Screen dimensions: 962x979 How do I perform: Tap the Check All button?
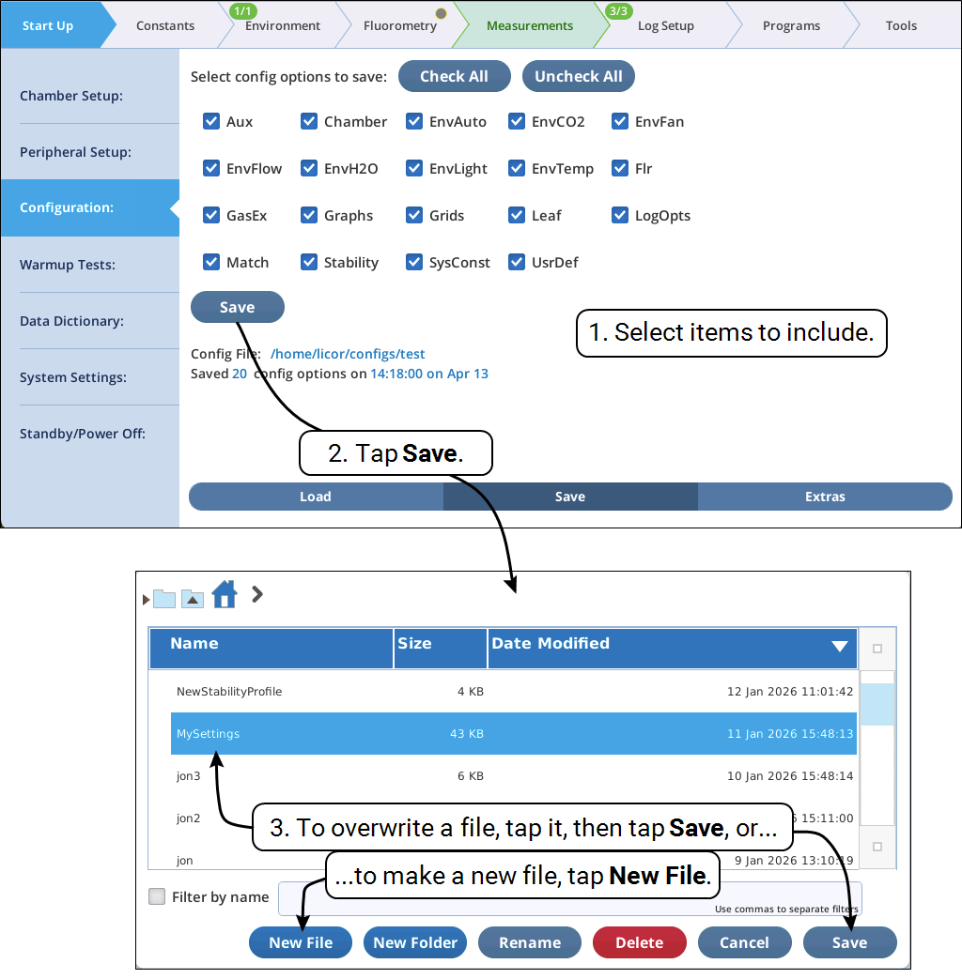[x=455, y=76]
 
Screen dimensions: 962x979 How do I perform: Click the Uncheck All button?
[x=578, y=76]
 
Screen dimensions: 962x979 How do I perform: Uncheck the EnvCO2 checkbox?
[x=517, y=121]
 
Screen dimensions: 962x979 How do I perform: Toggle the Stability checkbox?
[x=309, y=262]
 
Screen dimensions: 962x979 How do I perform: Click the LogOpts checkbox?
[x=619, y=215]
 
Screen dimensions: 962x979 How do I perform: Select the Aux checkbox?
[x=211, y=121]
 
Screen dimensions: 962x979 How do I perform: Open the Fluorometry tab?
[x=400, y=25]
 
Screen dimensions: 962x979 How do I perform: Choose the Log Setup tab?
[x=666, y=25]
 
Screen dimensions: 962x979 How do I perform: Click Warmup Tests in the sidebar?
[x=68, y=265]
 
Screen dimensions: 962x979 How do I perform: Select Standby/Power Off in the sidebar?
[x=83, y=434]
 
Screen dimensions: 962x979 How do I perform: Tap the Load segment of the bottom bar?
[x=316, y=497]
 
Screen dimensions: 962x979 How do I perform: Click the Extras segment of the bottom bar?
[x=825, y=497]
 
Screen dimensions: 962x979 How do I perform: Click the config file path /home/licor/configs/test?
[x=348, y=354]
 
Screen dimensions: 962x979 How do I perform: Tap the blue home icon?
[x=225, y=594]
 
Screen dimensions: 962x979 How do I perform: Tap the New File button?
[x=301, y=942]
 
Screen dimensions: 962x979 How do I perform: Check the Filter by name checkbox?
[x=157, y=896]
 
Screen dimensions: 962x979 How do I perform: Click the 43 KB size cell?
[x=466, y=734]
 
